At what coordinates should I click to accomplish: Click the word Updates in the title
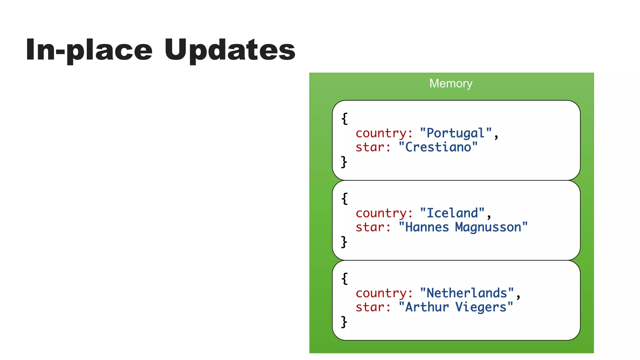[x=230, y=50]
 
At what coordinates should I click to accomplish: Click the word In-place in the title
[x=89, y=50]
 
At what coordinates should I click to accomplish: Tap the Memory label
[x=451, y=83]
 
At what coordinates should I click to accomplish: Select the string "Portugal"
[x=456, y=133]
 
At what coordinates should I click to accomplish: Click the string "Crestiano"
[x=438, y=147]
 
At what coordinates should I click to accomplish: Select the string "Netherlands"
[x=467, y=293]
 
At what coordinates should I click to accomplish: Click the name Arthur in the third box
[x=427, y=307]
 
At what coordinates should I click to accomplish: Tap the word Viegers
[x=481, y=307]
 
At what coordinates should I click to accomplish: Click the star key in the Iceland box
[x=373, y=227]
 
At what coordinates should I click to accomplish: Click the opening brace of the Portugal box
[x=344, y=119]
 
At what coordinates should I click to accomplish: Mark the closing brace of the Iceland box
[x=344, y=242]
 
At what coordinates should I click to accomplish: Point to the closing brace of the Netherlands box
[x=344, y=322]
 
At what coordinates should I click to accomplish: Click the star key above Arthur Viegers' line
[x=373, y=307]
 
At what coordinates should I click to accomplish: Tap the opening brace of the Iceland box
[x=344, y=199]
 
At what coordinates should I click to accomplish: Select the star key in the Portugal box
[x=373, y=147]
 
